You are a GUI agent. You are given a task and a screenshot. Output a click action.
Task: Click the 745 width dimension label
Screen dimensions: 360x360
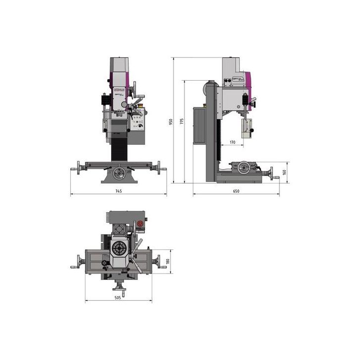pos(118,191)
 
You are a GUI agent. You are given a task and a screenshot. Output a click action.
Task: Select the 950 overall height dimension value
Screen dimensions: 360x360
pos(171,121)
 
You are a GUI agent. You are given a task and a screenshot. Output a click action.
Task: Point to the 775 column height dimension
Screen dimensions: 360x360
pos(181,121)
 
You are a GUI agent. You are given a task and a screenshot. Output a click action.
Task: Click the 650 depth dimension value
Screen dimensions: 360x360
pos(236,191)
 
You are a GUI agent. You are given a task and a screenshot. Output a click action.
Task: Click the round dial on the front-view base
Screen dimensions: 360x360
pos(118,174)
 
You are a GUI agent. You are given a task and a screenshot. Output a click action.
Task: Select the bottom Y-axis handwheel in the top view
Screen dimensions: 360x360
pos(119,287)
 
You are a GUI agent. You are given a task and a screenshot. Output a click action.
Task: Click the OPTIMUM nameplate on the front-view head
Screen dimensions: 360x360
pos(119,90)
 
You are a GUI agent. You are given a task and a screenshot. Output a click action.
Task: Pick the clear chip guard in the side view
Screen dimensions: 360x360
pos(246,128)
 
